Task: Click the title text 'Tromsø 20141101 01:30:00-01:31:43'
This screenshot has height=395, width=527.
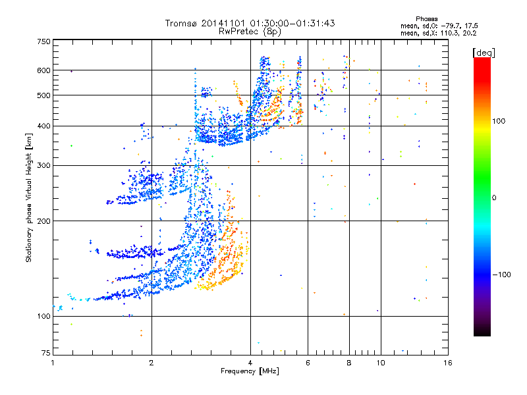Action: coord(250,23)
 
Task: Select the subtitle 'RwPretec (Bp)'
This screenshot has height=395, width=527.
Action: coord(250,31)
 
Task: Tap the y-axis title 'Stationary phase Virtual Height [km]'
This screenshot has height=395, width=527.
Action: coord(29,198)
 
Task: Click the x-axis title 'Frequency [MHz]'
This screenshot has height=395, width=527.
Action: coord(250,371)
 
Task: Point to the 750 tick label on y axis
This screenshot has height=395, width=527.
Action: coord(43,41)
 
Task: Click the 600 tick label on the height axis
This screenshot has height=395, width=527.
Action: coord(43,70)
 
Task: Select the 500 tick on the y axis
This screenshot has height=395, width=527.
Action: coord(43,95)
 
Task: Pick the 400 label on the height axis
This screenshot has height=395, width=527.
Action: coord(43,126)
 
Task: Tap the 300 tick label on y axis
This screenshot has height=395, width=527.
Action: coord(43,165)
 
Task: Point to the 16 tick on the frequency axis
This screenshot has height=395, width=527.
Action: coord(447,363)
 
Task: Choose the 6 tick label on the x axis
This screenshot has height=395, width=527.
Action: coord(308,363)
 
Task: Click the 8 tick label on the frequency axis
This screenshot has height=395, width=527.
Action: coord(349,363)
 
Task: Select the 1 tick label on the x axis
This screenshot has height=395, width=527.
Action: coord(53,363)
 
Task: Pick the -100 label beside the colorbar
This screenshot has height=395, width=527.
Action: coord(501,274)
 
